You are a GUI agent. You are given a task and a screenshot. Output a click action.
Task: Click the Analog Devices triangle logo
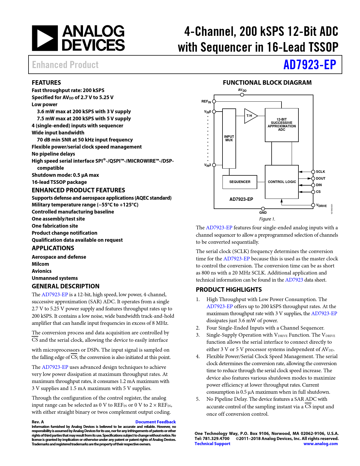[x=45, y=38]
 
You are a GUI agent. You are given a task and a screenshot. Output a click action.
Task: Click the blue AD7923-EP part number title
[x=309, y=65]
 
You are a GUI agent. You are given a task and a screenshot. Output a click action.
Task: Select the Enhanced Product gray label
[x=65, y=65]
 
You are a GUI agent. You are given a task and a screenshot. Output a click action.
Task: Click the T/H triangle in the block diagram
[x=250, y=116]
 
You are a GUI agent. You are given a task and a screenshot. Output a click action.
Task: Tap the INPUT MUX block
[x=229, y=138]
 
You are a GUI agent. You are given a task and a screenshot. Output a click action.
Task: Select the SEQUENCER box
[x=240, y=182]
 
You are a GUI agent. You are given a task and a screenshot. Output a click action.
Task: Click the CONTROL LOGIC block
[x=282, y=182]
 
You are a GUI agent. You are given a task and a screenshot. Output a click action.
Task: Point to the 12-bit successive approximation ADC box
[x=282, y=125]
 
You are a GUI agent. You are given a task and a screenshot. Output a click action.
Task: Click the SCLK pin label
[x=320, y=172]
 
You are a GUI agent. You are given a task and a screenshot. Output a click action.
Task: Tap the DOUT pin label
[x=320, y=178]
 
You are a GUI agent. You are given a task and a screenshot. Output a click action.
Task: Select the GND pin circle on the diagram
[x=263, y=209]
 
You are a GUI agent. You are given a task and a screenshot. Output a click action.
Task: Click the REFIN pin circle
[x=214, y=101]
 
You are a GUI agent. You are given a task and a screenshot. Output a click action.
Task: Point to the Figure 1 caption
[x=267, y=219]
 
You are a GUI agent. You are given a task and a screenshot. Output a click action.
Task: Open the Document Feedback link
[x=155, y=422]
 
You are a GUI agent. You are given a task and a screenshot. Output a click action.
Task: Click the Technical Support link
[x=212, y=444]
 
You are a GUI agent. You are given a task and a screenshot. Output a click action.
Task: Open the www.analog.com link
[x=320, y=444]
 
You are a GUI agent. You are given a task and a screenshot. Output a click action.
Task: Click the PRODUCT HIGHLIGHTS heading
[x=229, y=290]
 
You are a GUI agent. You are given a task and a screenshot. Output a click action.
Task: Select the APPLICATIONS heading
[x=53, y=248]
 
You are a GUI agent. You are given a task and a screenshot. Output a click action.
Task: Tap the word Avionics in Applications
[x=42, y=271]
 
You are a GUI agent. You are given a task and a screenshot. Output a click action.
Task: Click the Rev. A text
[x=38, y=422]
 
